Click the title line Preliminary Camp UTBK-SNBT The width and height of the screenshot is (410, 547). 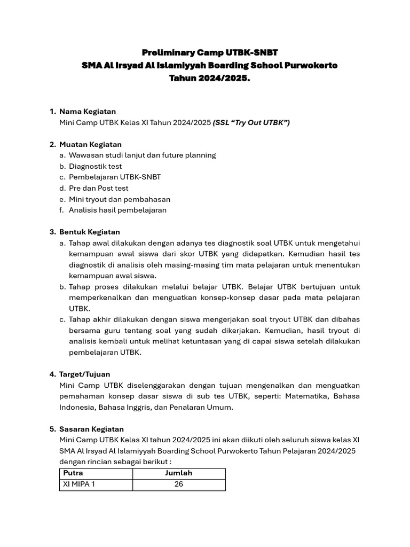(x=210, y=52)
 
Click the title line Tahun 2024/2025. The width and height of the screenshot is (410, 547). (x=210, y=78)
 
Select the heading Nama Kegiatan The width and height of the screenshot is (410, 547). (x=88, y=111)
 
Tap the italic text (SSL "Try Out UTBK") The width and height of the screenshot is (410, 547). (x=251, y=122)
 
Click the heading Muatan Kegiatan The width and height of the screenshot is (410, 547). (x=90, y=144)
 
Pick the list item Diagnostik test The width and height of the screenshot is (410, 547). (x=95, y=166)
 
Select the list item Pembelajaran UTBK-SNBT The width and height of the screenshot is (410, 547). (x=115, y=177)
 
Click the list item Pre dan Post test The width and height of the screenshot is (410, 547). (x=98, y=188)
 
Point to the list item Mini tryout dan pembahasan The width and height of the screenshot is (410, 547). (x=120, y=199)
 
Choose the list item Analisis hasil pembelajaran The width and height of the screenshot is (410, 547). (x=117, y=210)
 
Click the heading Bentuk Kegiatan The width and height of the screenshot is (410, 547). (x=90, y=232)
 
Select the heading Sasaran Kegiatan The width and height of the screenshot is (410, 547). (x=91, y=429)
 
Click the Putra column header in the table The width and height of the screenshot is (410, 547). (x=74, y=473)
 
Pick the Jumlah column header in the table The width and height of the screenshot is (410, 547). (x=179, y=473)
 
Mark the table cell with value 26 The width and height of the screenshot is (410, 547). (x=179, y=485)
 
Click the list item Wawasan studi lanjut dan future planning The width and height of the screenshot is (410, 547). (x=142, y=155)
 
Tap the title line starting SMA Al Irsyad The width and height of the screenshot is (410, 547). (x=210, y=65)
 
